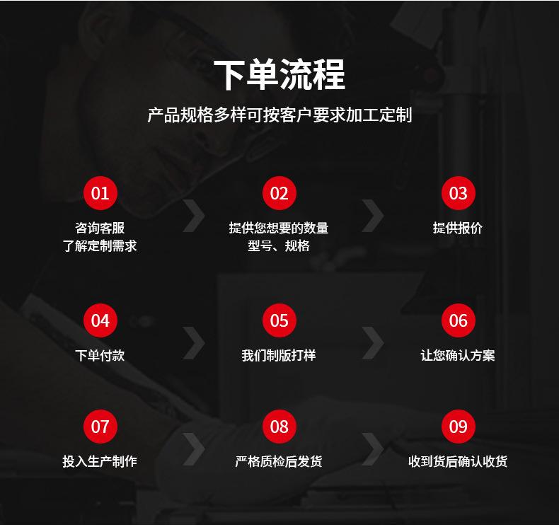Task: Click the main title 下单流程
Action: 279,75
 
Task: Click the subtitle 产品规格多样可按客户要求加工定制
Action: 279,115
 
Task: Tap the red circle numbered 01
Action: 100,193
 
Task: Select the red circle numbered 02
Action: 279,193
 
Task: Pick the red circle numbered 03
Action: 458,193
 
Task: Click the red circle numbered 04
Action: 100,320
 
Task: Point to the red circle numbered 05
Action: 279,320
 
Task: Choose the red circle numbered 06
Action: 458,320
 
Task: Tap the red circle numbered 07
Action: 100,427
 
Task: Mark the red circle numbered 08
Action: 279,427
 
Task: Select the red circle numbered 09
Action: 458,427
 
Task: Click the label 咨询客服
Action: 100,228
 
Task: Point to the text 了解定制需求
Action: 100,246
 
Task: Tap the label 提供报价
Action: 458,228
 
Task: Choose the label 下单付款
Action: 100,355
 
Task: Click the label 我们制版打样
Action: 279,355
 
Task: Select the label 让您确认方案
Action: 458,355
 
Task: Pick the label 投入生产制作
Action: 100,461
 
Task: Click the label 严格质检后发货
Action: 279,461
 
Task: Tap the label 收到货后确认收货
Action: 458,461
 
